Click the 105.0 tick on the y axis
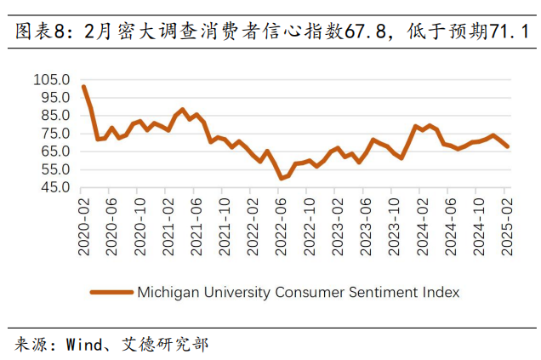click(x=52, y=79)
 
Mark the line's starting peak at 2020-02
click(x=83, y=86)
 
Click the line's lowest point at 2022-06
click(x=281, y=178)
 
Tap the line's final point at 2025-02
click(x=508, y=146)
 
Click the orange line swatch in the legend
click(x=111, y=292)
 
